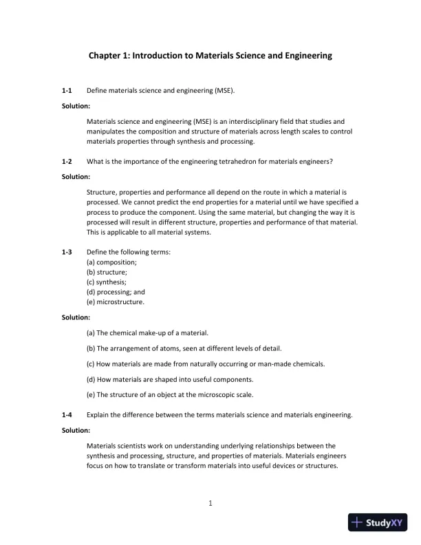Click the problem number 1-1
pos(67,90)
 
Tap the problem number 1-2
pos(67,161)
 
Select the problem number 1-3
pos(67,252)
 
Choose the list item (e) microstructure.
pos(116,301)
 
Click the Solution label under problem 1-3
pos(76,317)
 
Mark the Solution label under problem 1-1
pos(76,106)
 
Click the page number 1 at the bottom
pos(210,503)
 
